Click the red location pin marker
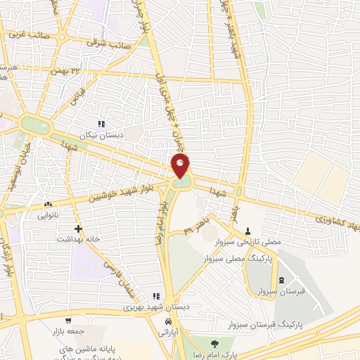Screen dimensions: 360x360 [x=180, y=167]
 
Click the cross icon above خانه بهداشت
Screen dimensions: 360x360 [x=78, y=229]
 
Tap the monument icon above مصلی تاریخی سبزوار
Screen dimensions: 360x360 [x=247, y=231]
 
